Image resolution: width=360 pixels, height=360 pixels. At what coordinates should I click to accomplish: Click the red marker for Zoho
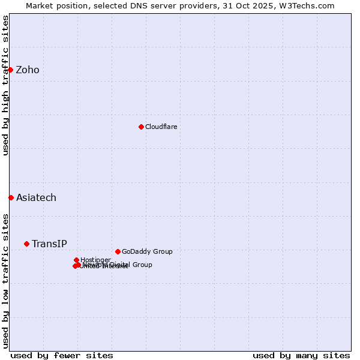(10, 70)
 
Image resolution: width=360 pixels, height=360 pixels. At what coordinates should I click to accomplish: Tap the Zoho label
(28, 70)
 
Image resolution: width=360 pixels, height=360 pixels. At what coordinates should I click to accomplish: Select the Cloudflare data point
(141, 127)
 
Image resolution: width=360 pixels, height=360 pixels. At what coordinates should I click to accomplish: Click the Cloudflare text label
(161, 127)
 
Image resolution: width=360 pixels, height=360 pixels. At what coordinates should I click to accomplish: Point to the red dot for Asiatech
(11, 197)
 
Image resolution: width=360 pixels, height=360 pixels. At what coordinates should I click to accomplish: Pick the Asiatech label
(36, 198)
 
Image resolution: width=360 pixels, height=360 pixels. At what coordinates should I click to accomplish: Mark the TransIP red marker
(26, 244)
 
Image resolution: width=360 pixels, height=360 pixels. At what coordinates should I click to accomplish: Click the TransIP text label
(49, 244)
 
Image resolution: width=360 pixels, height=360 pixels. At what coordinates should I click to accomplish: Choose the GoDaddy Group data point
(118, 251)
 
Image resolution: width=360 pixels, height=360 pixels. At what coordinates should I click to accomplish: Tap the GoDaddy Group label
(147, 251)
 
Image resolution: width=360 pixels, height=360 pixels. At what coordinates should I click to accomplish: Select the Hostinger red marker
(76, 260)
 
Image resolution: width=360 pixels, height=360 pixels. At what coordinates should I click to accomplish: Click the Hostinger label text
(95, 260)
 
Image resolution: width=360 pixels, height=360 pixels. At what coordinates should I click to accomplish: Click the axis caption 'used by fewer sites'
(62, 355)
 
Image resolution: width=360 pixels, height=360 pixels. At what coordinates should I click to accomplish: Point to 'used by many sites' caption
(301, 355)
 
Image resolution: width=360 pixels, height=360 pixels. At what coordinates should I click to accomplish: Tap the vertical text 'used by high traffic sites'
(5, 85)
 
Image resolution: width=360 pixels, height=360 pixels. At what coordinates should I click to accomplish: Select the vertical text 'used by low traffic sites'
(5, 280)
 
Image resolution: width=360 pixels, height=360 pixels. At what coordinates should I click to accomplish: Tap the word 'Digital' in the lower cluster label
(120, 265)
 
